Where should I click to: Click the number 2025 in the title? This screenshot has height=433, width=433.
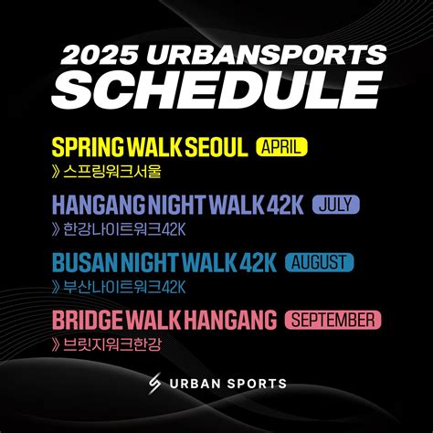(96, 54)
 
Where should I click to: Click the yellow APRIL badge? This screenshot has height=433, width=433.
(284, 147)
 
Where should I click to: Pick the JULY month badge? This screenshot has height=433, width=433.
(336, 205)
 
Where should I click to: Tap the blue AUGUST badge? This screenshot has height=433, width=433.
(319, 263)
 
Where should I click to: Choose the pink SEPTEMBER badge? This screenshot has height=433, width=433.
(333, 320)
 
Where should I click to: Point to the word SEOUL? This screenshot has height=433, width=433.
(217, 148)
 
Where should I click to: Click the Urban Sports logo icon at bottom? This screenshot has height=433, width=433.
(154, 385)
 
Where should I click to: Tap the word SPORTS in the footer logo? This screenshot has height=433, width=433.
(256, 385)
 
